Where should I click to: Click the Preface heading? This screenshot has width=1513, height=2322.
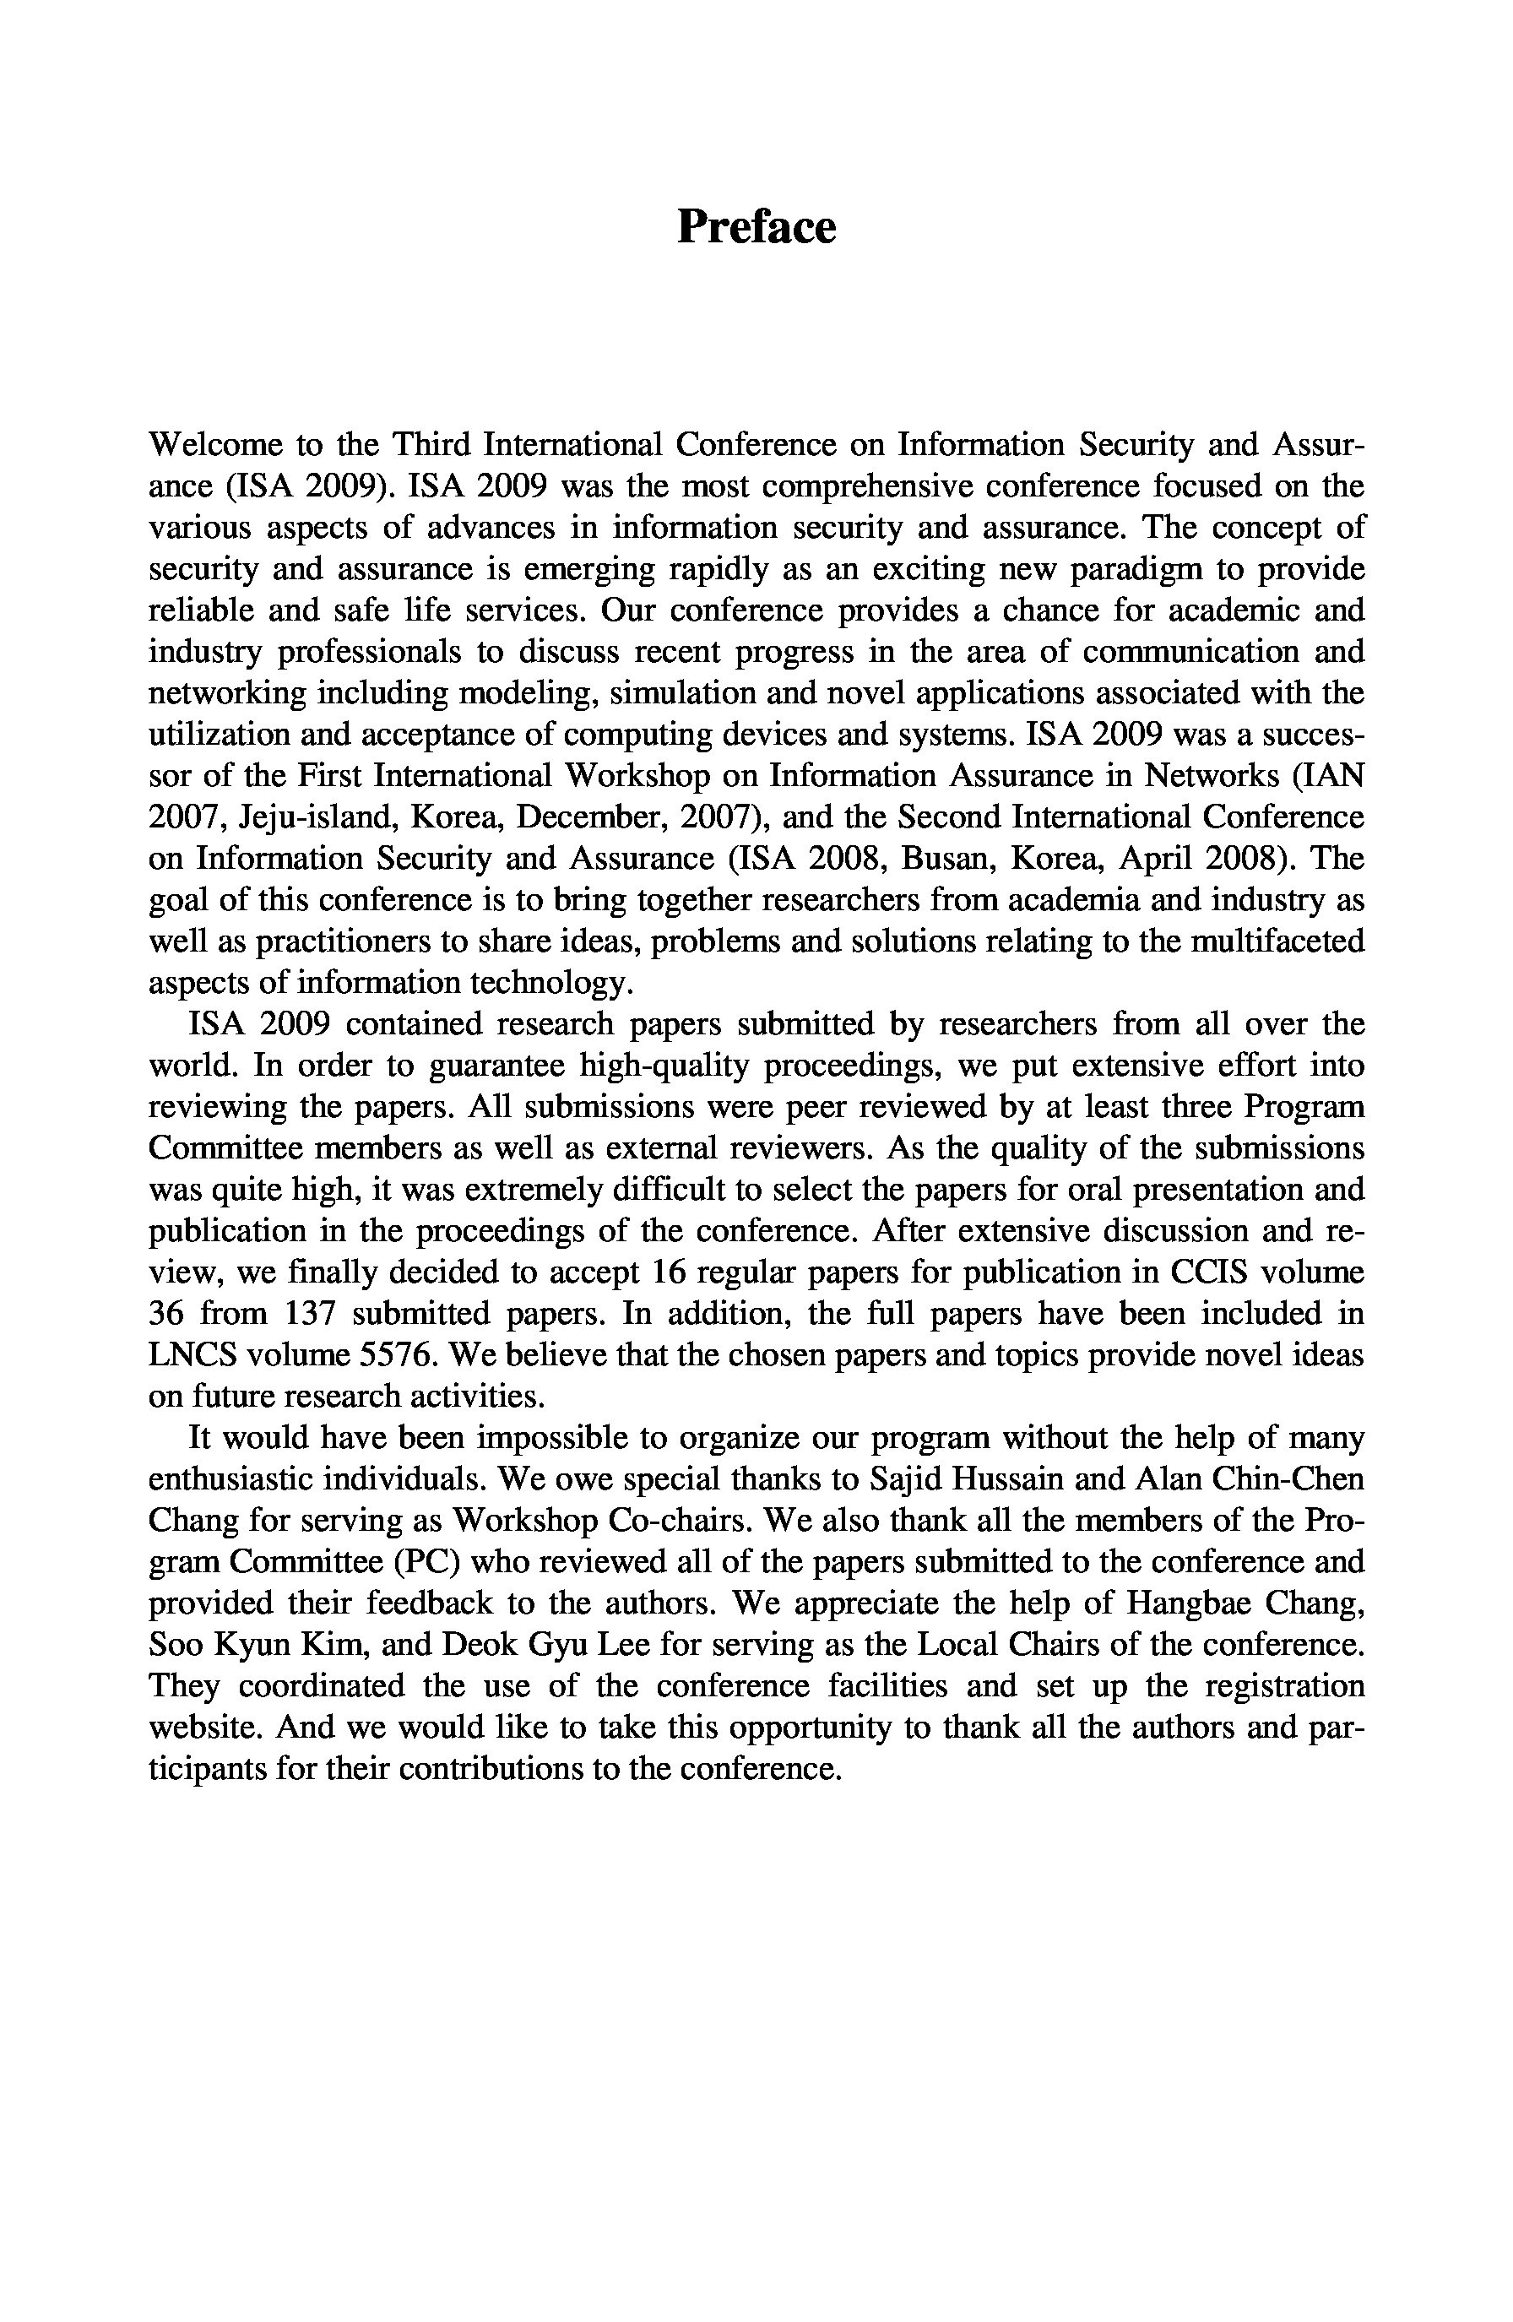[756, 226]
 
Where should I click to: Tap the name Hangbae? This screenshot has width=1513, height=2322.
[1195, 1603]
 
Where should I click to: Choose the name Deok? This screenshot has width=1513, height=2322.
[478, 1645]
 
